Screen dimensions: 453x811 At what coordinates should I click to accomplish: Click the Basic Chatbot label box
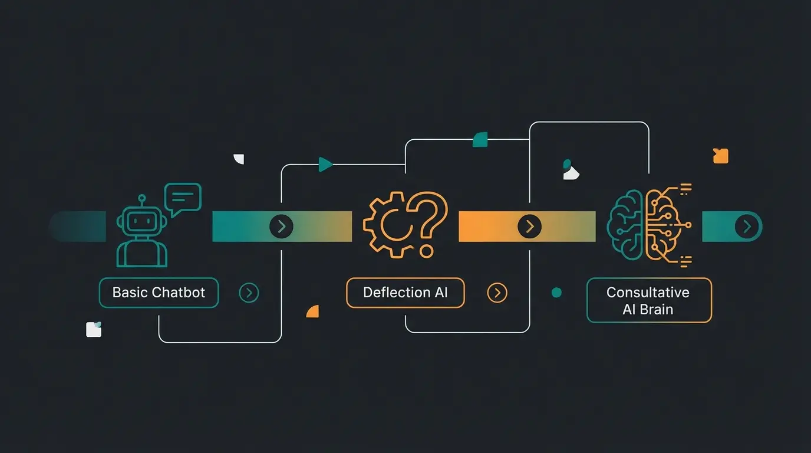[159, 293]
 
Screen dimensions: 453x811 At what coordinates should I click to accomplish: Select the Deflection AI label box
[405, 293]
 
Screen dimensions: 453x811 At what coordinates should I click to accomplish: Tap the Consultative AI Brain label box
[649, 300]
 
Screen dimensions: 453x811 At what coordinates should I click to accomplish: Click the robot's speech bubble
[183, 197]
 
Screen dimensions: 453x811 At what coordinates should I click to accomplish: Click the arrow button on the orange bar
[529, 226]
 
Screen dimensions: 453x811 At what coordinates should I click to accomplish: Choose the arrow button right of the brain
[747, 226]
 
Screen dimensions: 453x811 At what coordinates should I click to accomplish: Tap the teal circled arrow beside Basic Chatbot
[249, 293]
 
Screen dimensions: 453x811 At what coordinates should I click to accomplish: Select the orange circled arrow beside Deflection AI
[497, 293]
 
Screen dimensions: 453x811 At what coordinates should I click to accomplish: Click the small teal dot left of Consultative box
[556, 293]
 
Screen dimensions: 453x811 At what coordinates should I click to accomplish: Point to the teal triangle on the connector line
[324, 165]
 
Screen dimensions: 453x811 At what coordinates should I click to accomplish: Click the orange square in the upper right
[720, 156]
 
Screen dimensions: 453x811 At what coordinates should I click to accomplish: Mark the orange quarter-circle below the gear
[313, 311]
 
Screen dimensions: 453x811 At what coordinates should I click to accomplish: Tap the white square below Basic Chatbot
[94, 329]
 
